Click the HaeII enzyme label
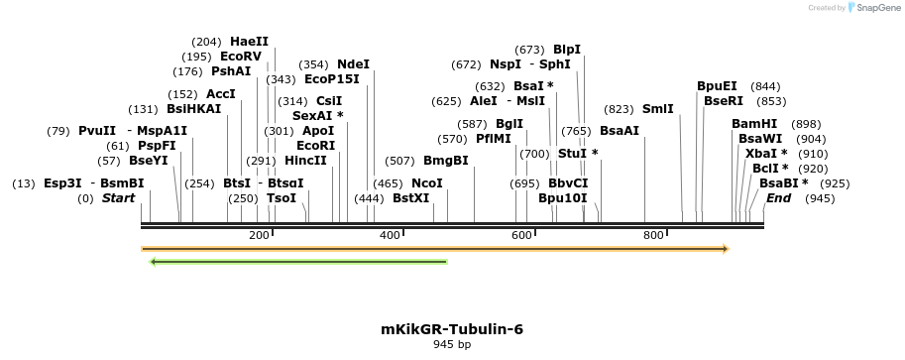(249, 42)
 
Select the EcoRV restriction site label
(241, 57)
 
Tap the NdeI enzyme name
(353, 64)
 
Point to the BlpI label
(567, 50)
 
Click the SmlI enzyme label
(657, 109)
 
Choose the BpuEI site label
(717, 86)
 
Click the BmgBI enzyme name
(446, 161)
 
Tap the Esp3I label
(62, 183)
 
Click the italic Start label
(118, 198)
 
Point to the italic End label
(778, 198)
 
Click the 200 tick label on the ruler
(259, 235)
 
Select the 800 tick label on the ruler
(653, 235)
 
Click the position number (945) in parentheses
(820, 198)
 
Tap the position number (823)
(619, 109)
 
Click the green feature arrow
(297, 262)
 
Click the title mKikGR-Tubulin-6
(452, 329)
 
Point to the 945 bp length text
(452, 345)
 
